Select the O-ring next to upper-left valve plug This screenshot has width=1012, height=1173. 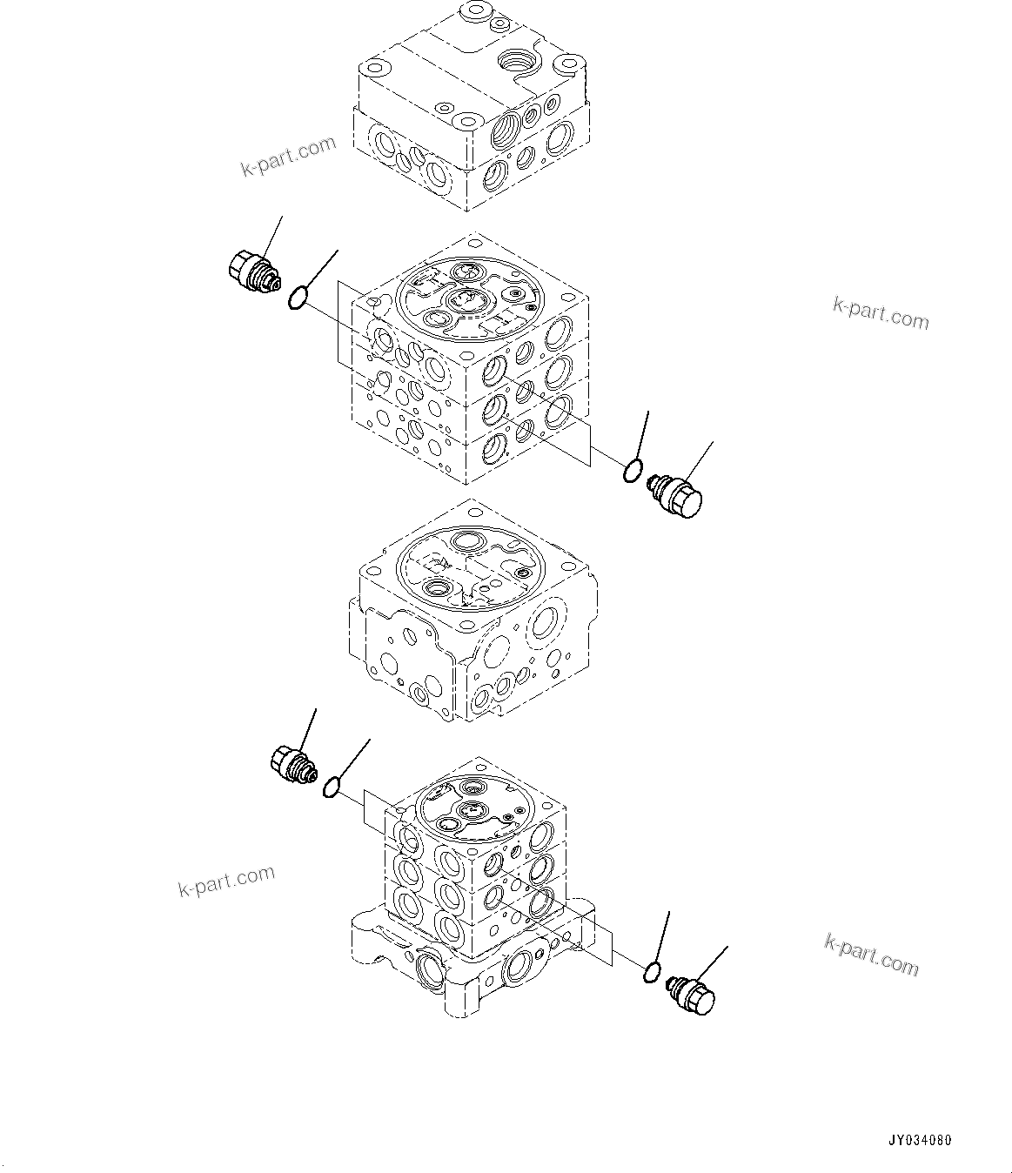point(297,299)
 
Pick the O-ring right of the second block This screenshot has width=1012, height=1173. point(633,472)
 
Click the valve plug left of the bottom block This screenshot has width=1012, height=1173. point(292,763)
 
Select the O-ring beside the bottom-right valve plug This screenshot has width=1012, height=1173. point(652,972)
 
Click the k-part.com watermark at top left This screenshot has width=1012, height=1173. point(288,156)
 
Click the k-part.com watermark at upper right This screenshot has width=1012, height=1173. point(881,313)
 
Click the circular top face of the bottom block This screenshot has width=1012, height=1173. point(472,807)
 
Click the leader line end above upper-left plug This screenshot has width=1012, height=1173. point(282,217)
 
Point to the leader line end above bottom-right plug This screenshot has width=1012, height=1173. point(727,946)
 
